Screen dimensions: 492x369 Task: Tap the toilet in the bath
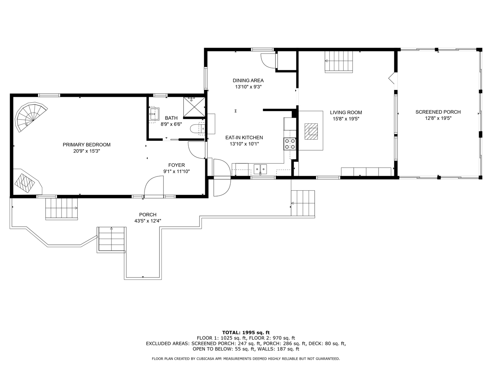click(198, 129)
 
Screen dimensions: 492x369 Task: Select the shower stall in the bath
click(194, 107)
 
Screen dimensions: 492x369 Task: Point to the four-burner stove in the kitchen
click(290, 144)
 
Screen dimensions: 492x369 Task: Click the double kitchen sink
click(260, 169)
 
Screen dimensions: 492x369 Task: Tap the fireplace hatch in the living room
click(311, 131)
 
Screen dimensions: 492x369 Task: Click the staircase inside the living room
click(339, 62)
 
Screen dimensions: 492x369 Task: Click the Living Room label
click(346, 113)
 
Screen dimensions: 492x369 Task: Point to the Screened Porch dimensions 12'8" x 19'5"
click(438, 118)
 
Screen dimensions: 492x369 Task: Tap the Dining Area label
click(248, 80)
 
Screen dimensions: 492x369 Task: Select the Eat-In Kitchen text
click(244, 138)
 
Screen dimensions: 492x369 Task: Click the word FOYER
click(177, 165)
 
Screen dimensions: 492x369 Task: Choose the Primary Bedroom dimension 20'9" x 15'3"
click(86, 151)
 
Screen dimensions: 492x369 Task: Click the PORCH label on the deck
click(148, 214)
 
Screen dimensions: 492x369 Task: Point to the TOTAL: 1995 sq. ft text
click(246, 332)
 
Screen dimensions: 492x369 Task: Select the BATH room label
click(171, 118)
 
